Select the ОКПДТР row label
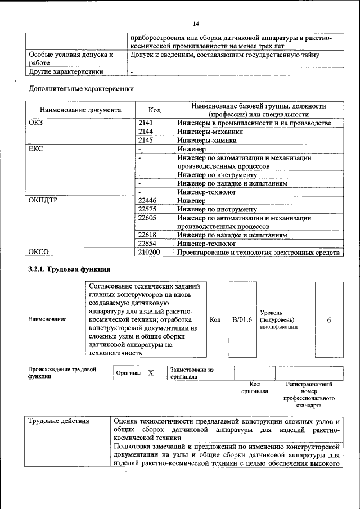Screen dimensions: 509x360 click(x=42, y=200)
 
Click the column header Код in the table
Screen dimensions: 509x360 click(x=154, y=110)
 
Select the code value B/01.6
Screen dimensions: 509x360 click(x=242, y=319)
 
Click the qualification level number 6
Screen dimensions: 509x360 click(x=328, y=319)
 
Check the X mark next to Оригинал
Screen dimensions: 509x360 click(x=151, y=373)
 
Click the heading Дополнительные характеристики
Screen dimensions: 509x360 click(x=81, y=89)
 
